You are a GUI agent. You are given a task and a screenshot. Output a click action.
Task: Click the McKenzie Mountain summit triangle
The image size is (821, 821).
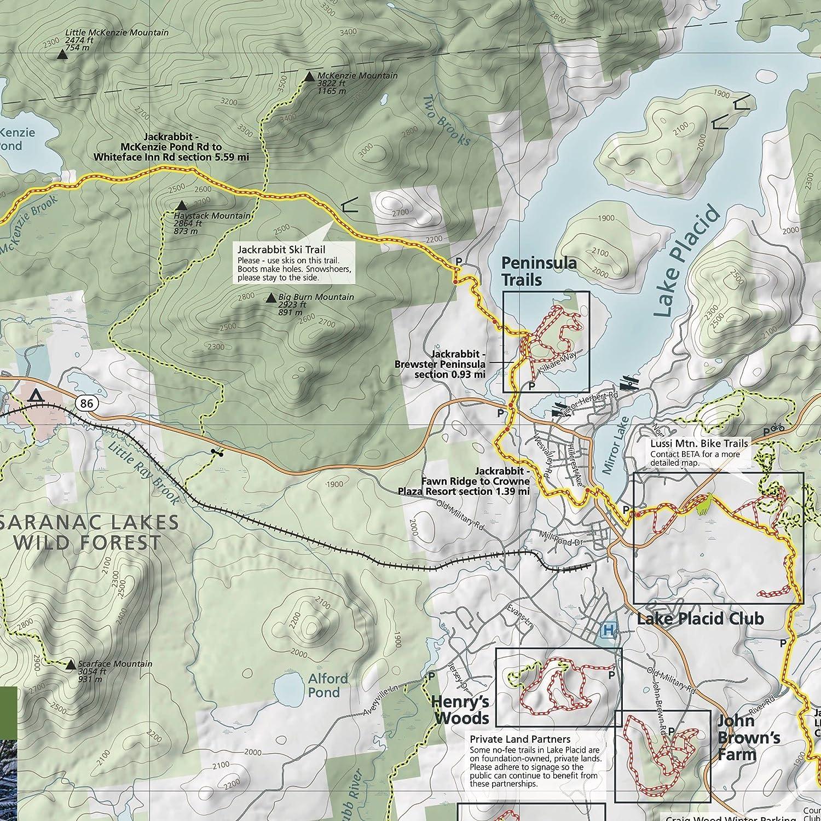pyautogui.click(x=309, y=77)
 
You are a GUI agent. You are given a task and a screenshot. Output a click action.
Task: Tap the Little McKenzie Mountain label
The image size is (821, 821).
pyautogui.click(x=117, y=33)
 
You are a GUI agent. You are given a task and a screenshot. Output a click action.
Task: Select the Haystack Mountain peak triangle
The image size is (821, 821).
pyautogui.click(x=182, y=206)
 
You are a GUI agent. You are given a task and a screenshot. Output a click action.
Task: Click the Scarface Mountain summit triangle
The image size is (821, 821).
pyautogui.click(x=70, y=665)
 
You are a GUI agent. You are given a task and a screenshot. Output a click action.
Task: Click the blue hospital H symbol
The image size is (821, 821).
pyautogui.click(x=608, y=631)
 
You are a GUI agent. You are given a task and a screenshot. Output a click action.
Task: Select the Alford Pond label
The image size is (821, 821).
pyautogui.click(x=327, y=685)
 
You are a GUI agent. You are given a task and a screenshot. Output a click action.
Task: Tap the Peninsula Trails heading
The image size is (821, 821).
pyautogui.click(x=539, y=271)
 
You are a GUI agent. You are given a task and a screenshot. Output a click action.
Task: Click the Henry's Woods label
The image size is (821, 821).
pyautogui.click(x=460, y=709)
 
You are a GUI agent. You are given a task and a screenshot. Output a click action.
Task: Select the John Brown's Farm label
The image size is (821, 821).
pyautogui.click(x=748, y=737)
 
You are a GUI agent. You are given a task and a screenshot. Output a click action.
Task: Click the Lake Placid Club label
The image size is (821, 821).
pyautogui.click(x=700, y=619)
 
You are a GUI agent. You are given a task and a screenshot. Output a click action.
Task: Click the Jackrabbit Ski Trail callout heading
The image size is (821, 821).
pyautogui.click(x=281, y=250)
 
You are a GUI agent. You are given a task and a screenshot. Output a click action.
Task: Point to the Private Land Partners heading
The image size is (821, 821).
pyautogui.click(x=520, y=740)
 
